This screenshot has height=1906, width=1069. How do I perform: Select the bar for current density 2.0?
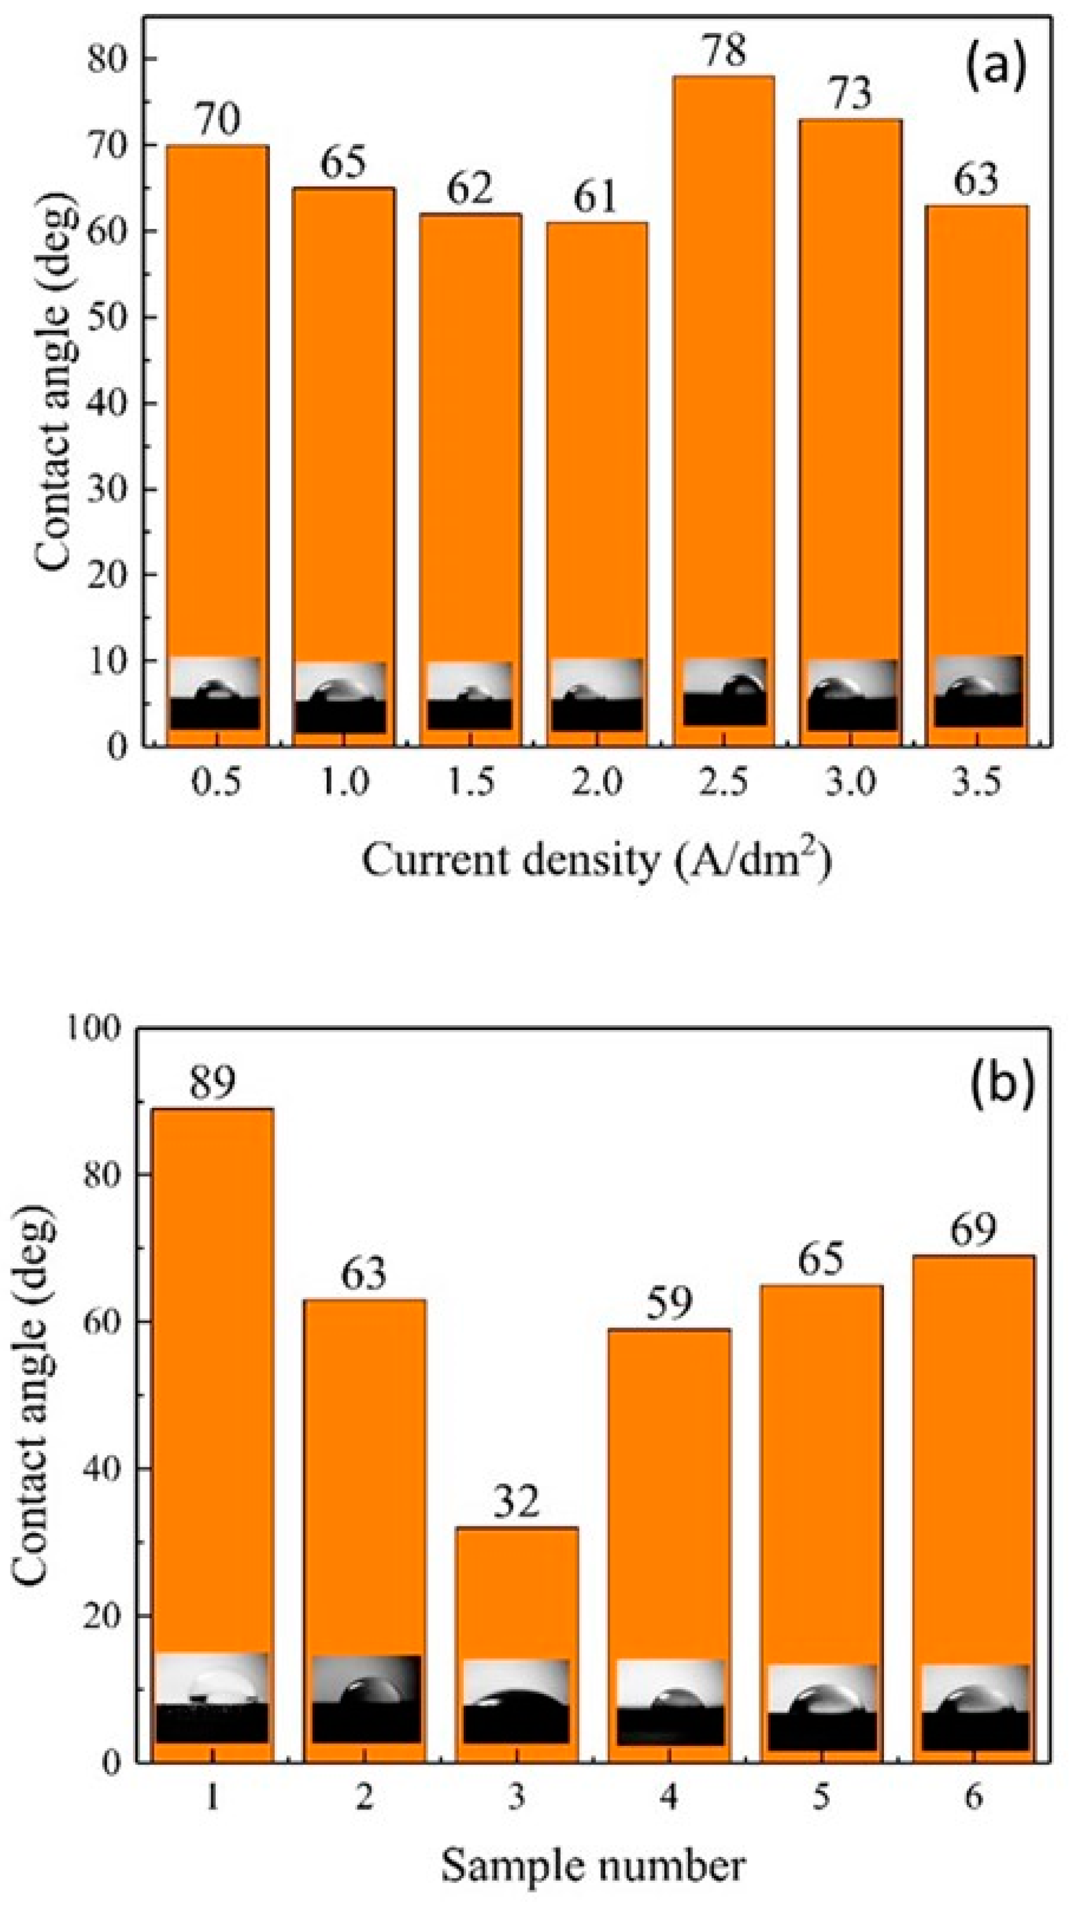[x=597, y=444]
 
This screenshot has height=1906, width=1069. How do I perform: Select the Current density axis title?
[x=596, y=861]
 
